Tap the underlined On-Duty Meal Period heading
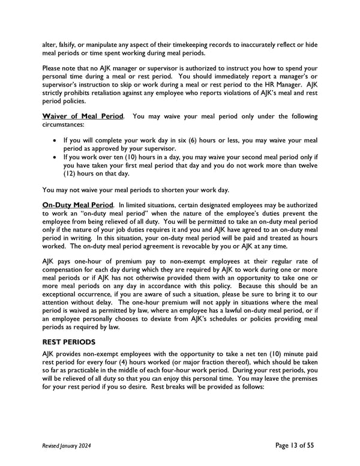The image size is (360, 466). pos(78,205)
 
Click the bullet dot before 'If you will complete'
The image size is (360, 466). pos(56,140)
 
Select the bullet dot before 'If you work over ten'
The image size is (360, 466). pos(56,157)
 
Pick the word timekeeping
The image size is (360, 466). pos(182,44)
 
